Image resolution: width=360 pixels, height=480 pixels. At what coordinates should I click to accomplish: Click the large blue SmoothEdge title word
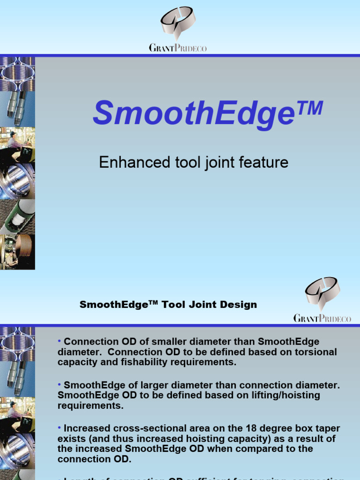point(194,114)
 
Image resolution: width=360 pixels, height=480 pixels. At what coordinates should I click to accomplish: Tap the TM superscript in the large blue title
point(309,108)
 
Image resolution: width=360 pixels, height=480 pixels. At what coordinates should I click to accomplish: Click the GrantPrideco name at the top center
point(178,48)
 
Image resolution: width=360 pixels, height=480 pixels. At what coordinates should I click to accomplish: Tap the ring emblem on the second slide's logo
point(322,292)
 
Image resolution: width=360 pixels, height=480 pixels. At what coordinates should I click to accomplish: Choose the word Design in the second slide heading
point(239,305)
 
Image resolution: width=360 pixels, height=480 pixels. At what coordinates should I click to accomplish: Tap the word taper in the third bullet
point(327,428)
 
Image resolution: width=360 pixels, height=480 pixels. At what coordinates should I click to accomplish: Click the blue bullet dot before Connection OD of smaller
point(60,341)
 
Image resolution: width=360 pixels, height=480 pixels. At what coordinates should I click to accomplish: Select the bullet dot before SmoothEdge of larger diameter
point(60,384)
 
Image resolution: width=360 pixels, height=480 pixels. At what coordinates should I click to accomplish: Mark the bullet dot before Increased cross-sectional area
point(60,427)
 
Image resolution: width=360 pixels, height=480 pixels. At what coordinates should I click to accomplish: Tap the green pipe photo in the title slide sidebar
point(17,216)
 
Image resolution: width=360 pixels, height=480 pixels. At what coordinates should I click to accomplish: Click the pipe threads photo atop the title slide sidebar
point(17,73)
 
